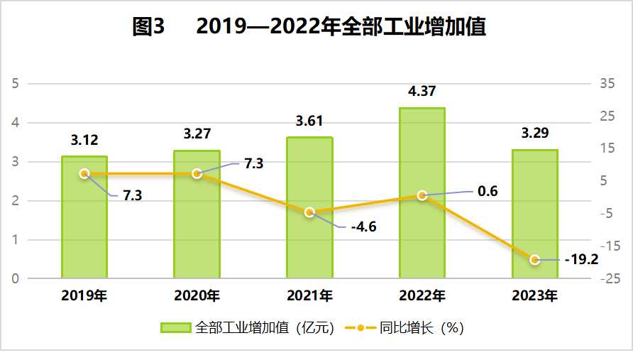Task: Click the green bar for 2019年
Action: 84,220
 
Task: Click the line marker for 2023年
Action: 535,260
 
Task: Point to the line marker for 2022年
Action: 422,195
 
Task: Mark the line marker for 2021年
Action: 309,212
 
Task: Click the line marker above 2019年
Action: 84,173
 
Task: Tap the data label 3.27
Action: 197,133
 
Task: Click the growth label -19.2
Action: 580,259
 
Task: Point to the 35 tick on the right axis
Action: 607,84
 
